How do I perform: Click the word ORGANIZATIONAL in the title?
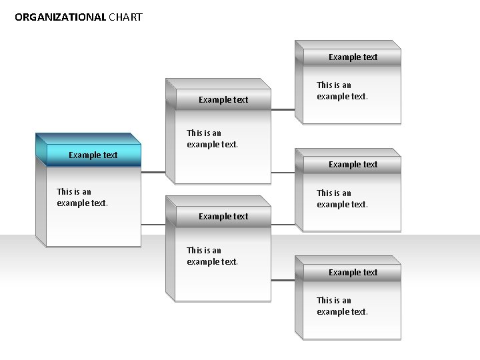click(60, 17)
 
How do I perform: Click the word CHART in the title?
click(125, 17)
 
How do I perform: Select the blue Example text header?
click(93, 155)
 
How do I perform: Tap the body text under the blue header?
click(82, 197)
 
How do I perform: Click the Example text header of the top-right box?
click(353, 57)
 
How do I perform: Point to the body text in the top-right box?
click(342, 91)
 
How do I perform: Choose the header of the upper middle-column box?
click(223, 100)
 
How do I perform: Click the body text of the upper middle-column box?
click(212, 139)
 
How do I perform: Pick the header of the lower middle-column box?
click(223, 217)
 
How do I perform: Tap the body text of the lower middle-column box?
click(212, 256)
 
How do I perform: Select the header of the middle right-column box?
click(353, 165)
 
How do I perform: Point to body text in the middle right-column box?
click(342, 199)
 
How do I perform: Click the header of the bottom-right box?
click(353, 273)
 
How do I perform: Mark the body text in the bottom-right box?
click(342, 306)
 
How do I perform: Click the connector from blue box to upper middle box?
click(153, 173)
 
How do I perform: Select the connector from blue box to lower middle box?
click(153, 225)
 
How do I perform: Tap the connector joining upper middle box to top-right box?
click(283, 109)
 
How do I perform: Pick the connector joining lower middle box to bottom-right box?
click(283, 281)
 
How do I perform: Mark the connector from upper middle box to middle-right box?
click(283, 173)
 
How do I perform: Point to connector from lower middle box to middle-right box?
click(283, 225)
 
